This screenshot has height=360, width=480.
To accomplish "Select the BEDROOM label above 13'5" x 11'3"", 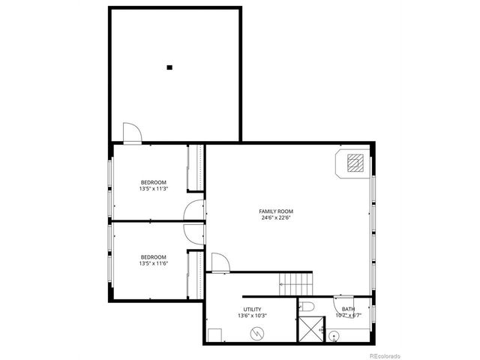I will (x=153, y=182).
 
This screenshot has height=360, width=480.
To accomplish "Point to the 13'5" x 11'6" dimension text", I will (x=153, y=263).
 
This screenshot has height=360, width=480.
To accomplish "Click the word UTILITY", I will (x=251, y=309).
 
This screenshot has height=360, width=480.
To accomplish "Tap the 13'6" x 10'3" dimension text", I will (x=251, y=316).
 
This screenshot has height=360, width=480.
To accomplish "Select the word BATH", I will (x=349, y=309).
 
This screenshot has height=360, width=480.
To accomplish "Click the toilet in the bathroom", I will (x=307, y=305).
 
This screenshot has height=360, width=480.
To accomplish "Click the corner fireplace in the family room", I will (x=355, y=163).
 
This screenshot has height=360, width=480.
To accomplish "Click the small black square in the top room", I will (x=169, y=67).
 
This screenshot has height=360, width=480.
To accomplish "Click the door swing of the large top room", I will (x=131, y=133).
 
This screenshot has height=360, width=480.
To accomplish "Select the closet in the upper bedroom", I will (x=199, y=167).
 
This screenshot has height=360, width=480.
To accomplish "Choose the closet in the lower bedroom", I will (x=199, y=274).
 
